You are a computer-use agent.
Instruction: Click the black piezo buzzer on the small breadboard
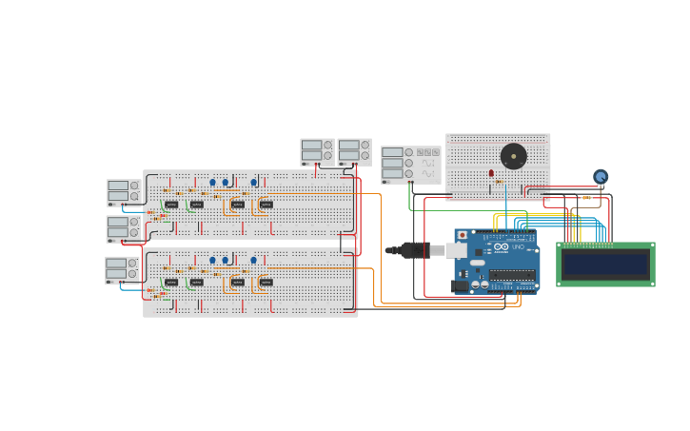pos(513,156)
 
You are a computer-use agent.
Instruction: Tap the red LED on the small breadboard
pos(491,173)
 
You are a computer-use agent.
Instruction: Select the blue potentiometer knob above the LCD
pos(601,176)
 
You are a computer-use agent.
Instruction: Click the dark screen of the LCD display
pos(605,264)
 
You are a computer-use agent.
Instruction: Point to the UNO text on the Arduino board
pos(518,247)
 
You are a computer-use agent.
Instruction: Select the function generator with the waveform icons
pos(410,164)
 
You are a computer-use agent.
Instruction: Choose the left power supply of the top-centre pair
pos(317,151)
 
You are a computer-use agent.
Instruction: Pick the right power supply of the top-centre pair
pos(353,151)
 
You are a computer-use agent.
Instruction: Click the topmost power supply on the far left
pos(123,191)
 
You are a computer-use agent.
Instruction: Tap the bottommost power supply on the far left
pos(122,269)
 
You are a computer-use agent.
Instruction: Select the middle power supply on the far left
pos(123,228)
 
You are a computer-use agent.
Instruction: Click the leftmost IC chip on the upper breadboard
pos(171,204)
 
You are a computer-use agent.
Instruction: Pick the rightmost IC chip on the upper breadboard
pos(266,204)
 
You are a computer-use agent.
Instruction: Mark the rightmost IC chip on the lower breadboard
pos(266,282)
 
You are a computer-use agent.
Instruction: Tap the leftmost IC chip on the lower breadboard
pos(171,282)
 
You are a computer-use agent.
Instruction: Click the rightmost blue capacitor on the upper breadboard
pos(253,182)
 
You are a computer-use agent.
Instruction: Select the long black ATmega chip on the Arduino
pos(512,276)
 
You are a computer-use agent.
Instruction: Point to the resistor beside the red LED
pos(498,182)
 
